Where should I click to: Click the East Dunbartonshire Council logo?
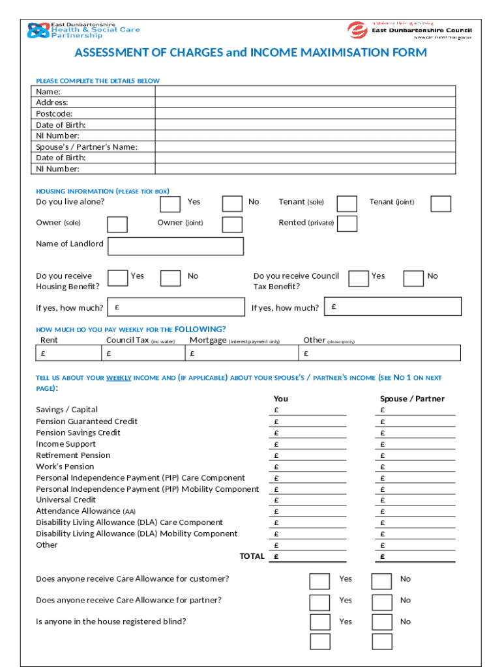click(409, 30)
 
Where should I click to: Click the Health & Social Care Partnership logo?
click(83, 30)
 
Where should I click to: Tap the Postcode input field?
click(304, 114)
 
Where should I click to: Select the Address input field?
click(304, 103)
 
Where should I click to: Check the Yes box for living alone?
click(170, 204)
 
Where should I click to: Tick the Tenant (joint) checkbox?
click(441, 204)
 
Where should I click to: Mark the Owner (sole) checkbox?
click(117, 225)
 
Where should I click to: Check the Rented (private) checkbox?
click(347, 223)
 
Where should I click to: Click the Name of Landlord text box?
click(175, 246)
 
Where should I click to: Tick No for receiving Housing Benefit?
click(170, 278)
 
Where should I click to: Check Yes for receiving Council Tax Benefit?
click(358, 278)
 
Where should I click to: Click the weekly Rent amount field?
click(68, 353)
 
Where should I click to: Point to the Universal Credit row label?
click(66, 500)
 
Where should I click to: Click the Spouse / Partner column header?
click(412, 399)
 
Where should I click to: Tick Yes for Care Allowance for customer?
click(319, 581)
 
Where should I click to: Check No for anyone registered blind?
click(381, 623)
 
